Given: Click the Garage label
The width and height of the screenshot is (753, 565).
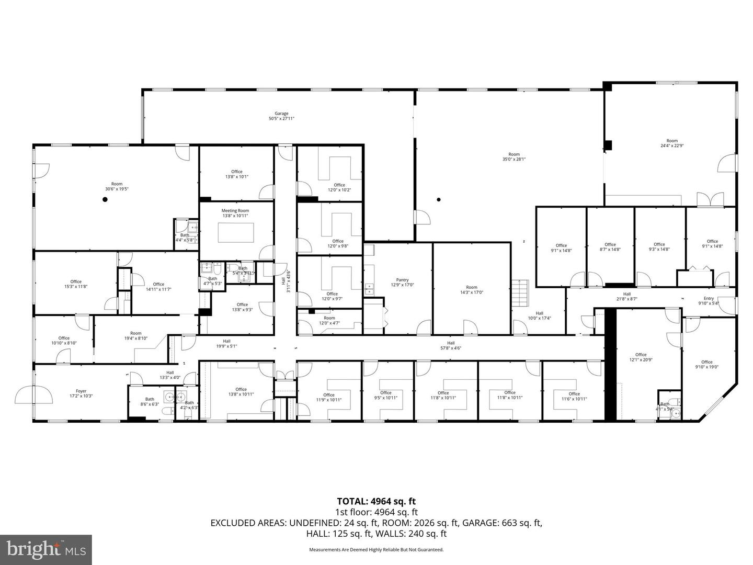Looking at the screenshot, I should (x=281, y=114).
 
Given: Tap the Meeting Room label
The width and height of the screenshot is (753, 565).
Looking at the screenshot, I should (x=235, y=211).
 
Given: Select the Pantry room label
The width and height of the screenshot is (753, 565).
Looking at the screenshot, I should (x=402, y=280).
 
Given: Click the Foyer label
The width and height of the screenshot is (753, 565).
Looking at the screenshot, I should (x=81, y=391).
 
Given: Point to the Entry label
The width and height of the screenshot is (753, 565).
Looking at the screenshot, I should (x=709, y=298).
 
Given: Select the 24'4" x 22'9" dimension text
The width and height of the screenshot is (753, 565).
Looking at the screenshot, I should (x=672, y=145).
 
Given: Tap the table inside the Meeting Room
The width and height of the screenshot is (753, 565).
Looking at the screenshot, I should (x=236, y=233).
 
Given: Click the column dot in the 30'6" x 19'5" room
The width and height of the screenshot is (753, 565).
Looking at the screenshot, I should (x=105, y=199).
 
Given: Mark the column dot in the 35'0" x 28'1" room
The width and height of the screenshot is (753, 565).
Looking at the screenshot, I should (x=439, y=199).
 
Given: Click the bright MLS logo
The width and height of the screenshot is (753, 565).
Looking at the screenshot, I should (x=46, y=549).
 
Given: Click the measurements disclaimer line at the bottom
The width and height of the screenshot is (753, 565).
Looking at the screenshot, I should (x=376, y=550).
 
